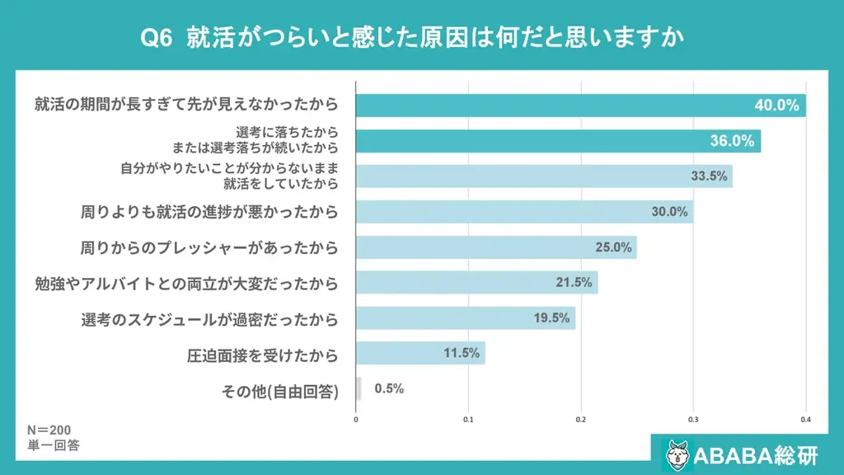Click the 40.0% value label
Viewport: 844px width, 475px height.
tap(777, 106)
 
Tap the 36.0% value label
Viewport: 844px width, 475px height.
tap(732, 141)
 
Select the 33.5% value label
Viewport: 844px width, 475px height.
tap(708, 176)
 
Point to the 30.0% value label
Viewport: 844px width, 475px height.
tap(669, 211)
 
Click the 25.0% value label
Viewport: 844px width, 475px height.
tap(613, 247)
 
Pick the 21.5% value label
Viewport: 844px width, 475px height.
tap(574, 282)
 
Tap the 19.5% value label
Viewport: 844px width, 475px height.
tap(551, 317)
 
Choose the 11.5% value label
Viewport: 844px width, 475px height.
tap(462, 353)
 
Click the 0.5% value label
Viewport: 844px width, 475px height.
tap(389, 388)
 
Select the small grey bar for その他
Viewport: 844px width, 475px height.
tap(358, 388)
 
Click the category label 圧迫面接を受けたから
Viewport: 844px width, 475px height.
tap(263, 355)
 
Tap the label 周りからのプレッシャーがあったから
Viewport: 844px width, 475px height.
tap(209, 247)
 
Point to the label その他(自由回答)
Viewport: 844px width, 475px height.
tap(280, 390)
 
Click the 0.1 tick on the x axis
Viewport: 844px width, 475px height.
tap(468, 419)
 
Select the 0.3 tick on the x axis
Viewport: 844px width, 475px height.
tap(693, 419)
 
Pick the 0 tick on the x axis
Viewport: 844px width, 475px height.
tap(356, 419)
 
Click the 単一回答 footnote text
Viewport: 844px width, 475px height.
tap(53, 445)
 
